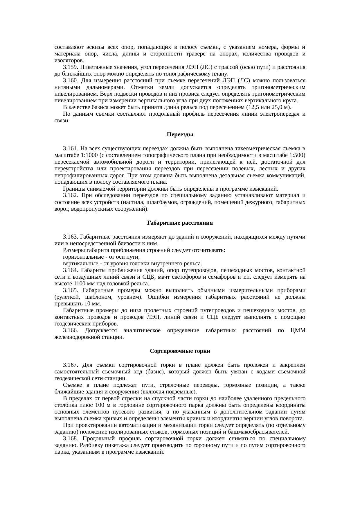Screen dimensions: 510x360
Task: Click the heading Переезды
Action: tap(180, 135)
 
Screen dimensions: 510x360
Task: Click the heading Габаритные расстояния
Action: tap(180, 223)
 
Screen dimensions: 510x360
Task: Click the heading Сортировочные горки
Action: tap(180, 351)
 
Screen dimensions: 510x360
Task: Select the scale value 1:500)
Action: tap(296, 155)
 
